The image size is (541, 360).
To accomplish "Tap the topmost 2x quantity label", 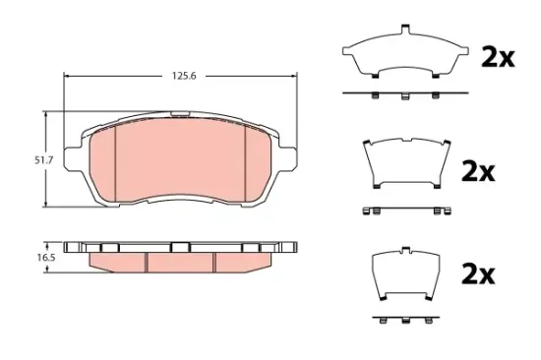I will (x=497, y=57).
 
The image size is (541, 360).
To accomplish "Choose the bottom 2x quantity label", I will (x=478, y=274).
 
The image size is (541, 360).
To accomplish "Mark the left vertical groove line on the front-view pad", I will (x=116, y=162).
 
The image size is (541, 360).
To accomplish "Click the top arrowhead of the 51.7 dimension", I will (x=46, y=115).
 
